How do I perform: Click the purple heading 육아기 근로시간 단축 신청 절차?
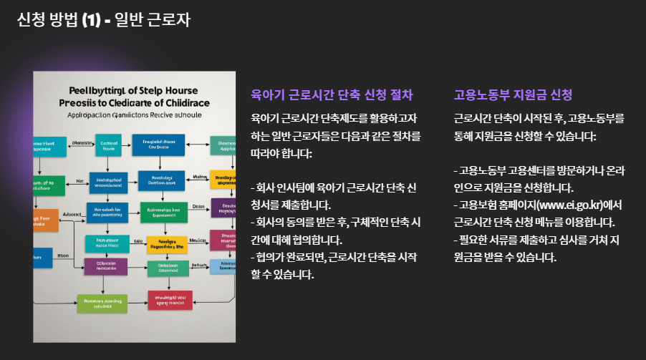332,95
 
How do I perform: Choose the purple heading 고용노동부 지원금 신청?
513,95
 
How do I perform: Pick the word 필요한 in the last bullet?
481,239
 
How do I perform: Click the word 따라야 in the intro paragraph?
269,152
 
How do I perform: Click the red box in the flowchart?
170,300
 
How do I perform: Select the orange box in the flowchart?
44,220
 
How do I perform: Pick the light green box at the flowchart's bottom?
102,303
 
